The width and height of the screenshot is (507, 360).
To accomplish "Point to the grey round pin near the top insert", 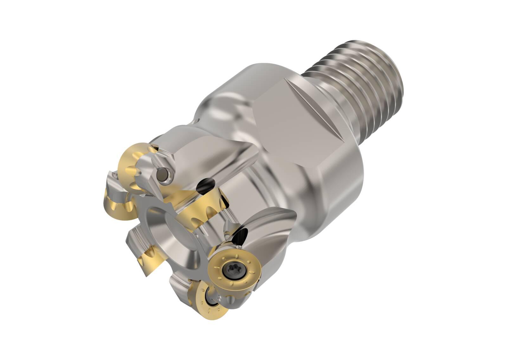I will (163, 175).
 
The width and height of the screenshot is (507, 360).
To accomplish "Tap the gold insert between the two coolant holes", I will (203, 206).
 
